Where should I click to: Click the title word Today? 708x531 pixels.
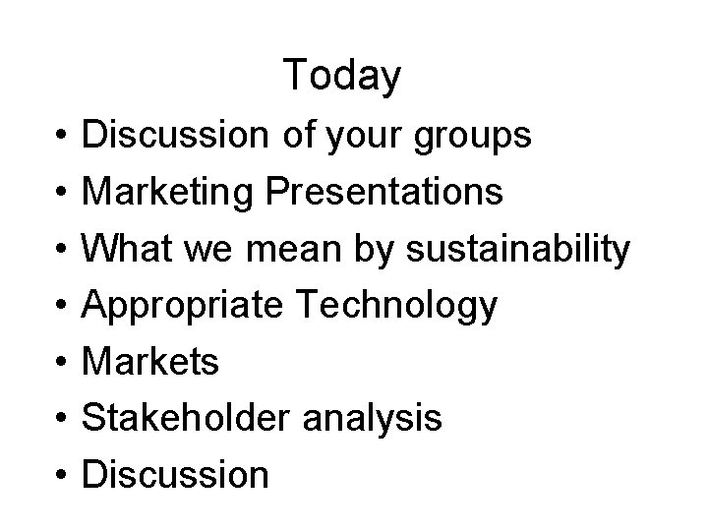[341, 76]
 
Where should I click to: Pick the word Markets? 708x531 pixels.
[150, 362]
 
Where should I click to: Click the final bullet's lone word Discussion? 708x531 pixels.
[175, 475]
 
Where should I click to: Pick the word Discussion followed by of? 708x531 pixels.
[175, 136]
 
